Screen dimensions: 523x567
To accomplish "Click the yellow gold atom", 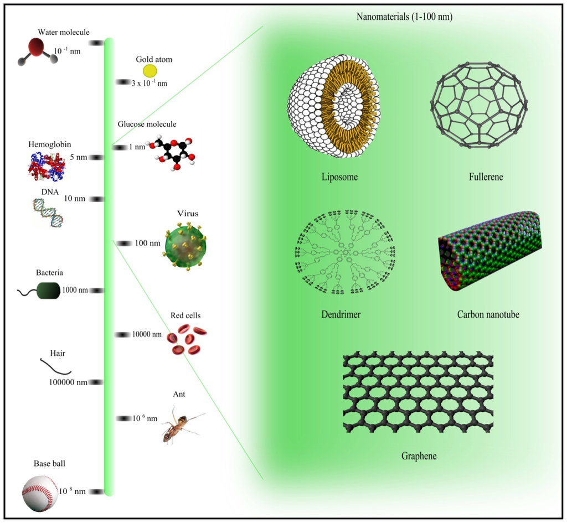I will coord(150,70).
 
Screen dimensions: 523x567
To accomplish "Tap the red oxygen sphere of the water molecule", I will coord(37,47).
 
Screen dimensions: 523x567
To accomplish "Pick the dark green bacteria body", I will coord(48,290).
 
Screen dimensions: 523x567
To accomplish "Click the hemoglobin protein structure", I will coord(47,166).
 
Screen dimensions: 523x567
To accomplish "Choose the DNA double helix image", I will coord(48,213).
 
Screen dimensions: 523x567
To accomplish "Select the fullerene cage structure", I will coord(478,105).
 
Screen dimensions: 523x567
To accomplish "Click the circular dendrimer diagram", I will coord(344,252).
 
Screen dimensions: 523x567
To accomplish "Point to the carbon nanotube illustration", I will coord(489,250).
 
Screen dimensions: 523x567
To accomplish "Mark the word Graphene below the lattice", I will coord(419,457).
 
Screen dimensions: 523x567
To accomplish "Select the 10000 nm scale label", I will coord(147,334).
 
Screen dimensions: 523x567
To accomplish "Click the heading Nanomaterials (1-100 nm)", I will coord(404,17).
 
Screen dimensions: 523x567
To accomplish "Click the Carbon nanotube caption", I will coord(488,314).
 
